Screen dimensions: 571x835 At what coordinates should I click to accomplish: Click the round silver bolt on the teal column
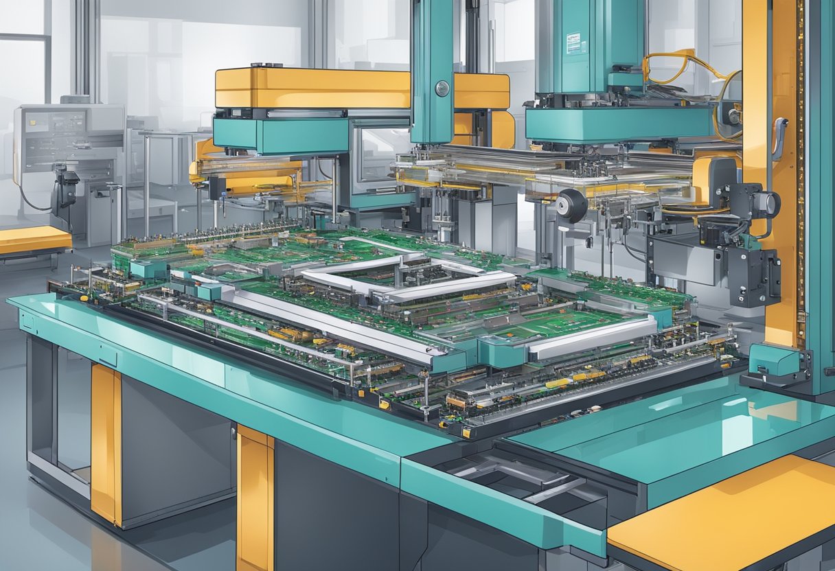click(x=442, y=88)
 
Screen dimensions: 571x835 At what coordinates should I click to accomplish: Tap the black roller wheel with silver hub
click(x=571, y=205)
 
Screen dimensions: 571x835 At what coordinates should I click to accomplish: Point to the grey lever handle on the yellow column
click(x=778, y=137)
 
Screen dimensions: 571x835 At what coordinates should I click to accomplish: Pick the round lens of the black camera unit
click(x=767, y=204)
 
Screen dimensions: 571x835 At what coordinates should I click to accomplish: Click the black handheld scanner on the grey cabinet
click(x=67, y=185)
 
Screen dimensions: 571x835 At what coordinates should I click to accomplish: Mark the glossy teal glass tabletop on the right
click(x=687, y=426)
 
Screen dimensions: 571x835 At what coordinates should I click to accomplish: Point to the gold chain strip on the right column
click(x=800, y=172)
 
